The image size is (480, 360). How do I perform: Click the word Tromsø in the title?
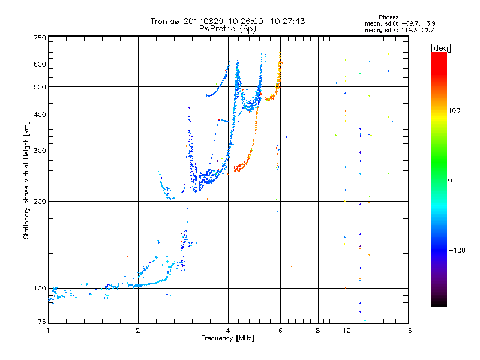click(x=164, y=21)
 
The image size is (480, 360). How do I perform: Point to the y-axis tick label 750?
click(x=40, y=38)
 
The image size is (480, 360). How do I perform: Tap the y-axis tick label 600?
click(x=40, y=64)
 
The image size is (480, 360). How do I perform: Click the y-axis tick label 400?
click(x=40, y=115)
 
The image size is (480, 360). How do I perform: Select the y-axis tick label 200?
click(x=40, y=201)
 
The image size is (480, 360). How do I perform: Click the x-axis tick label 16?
click(x=407, y=331)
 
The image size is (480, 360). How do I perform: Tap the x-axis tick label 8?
click(x=318, y=331)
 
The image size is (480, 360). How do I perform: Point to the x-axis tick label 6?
click(x=280, y=331)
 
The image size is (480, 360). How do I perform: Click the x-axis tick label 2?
click(x=138, y=331)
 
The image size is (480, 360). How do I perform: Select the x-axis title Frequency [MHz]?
click(x=227, y=339)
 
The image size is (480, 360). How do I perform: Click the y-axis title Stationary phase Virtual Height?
click(x=26, y=180)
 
